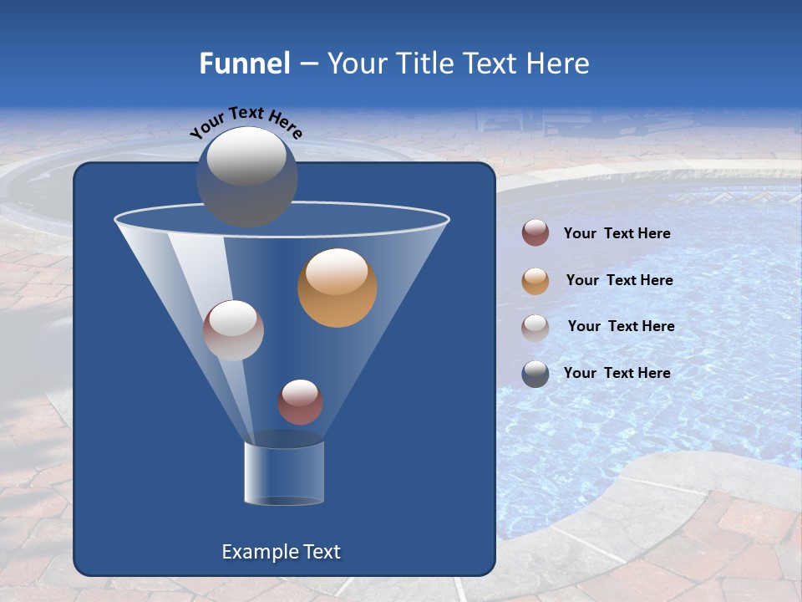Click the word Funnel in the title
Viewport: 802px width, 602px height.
(x=244, y=64)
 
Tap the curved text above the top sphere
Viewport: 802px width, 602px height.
(x=246, y=121)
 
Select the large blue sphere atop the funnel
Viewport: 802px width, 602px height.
(x=247, y=177)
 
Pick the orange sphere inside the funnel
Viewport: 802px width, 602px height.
(x=338, y=288)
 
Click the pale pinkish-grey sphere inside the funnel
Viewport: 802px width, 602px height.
(x=233, y=330)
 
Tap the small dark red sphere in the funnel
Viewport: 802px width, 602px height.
(x=300, y=402)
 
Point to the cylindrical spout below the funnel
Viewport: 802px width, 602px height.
(x=283, y=472)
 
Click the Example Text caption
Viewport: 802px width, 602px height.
(x=282, y=552)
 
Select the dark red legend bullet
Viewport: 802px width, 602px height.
(x=536, y=233)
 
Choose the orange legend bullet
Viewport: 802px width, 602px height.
(x=536, y=281)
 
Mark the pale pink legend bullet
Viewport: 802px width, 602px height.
(x=536, y=327)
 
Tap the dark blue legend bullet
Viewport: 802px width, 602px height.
(x=536, y=374)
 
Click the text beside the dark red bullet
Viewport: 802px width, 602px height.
(x=617, y=234)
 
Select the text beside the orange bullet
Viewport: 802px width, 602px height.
(x=619, y=281)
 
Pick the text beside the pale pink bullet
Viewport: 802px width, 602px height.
(x=621, y=326)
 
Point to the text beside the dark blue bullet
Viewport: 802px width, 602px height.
(x=617, y=373)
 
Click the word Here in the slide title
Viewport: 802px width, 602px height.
(x=559, y=64)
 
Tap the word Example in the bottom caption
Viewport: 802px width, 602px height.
(x=258, y=552)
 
